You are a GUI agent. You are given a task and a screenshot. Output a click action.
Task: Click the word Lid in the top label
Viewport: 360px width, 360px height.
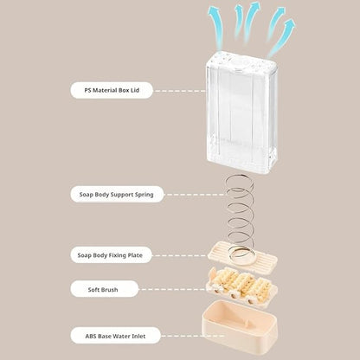click(135, 90)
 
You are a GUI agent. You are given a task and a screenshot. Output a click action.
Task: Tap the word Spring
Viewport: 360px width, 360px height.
click(145, 195)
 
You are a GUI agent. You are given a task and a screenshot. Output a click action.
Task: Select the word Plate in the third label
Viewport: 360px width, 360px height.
click(135, 255)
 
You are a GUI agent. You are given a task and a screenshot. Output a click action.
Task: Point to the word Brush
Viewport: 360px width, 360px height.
click(110, 290)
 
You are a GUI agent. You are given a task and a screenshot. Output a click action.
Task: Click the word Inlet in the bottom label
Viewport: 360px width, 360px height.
click(138, 337)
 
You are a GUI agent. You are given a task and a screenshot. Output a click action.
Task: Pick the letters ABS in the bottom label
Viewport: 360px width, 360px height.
click(91, 337)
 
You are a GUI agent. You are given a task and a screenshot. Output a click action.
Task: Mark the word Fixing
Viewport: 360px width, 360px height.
click(118, 255)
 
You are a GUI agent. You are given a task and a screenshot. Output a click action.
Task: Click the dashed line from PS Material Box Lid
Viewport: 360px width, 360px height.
click(180, 91)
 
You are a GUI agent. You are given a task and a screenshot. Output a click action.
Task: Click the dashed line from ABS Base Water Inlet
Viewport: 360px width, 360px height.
click(193, 336)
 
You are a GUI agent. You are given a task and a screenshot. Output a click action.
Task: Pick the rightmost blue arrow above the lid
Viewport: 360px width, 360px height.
click(282, 37)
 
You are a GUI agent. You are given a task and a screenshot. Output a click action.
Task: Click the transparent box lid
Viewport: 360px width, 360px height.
click(242, 114)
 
